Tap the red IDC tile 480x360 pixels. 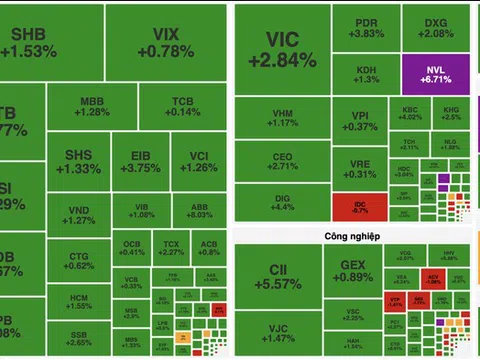(359, 207)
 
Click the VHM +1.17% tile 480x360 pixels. (281, 117)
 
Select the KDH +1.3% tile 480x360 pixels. (367, 74)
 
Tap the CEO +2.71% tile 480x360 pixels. (281, 162)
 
